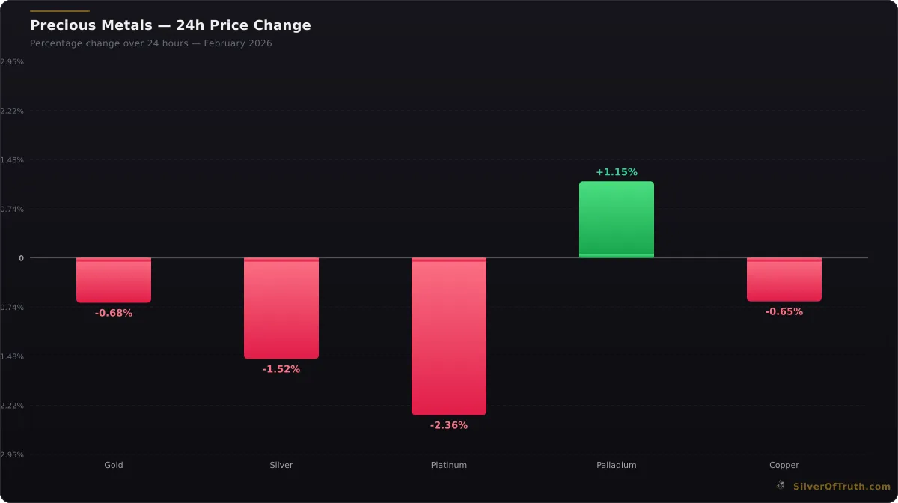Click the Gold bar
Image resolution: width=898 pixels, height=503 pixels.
pyautogui.click(x=114, y=280)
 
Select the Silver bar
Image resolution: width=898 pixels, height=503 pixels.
pyautogui.click(x=281, y=308)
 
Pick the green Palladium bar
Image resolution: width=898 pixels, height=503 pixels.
pyautogui.click(x=617, y=219)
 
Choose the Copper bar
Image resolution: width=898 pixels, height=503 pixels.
pyautogui.click(x=784, y=279)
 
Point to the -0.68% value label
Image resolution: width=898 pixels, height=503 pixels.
pyautogui.click(x=114, y=313)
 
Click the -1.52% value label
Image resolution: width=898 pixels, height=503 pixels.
pyautogui.click(x=281, y=369)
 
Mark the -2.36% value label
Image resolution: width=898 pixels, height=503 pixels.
pyautogui.click(x=449, y=425)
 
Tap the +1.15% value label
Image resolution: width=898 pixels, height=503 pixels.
pyautogui.click(x=617, y=172)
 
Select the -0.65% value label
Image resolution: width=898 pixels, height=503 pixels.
pyautogui.click(x=784, y=311)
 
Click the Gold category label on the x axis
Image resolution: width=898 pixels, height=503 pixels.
pyautogui.click(x=114, y=465)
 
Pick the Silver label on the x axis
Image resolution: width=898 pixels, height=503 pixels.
pyautogui.click(x=281, y=465)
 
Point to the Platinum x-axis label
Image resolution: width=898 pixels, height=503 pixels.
pyautogui.click(x=449, y=465)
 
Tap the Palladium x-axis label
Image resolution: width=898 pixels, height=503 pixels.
pyautogui.click(x=617, y=465)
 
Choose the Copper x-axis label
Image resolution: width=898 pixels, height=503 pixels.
pyautogui.click(x=784, y=465)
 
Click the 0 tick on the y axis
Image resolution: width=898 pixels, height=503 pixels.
pyautogui.click(x=21, y=258)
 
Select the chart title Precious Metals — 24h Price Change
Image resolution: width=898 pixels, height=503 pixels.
pyautogui.click(x=170, y=25)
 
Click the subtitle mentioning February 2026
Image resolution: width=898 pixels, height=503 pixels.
pyautogui.click(x=151, y=43)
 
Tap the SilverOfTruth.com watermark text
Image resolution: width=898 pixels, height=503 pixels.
pyautogui.click(x=842, y=486)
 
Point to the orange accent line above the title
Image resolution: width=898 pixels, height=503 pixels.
pyautogui.click(x=59, y=11)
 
